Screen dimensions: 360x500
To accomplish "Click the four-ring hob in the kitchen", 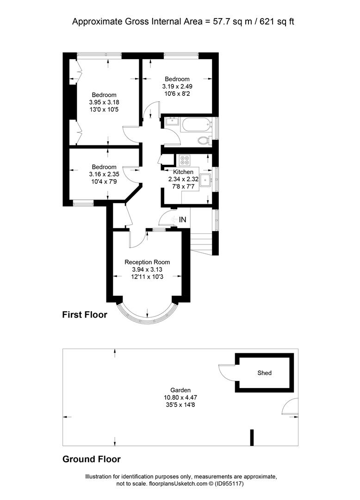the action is pos(184,160).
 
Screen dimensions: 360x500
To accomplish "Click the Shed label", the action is pos(264,373).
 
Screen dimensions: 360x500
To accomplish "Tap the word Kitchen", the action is pos(183,172).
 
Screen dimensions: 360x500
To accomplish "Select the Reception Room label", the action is pos(147,262).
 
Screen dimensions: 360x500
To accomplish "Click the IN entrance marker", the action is pos(183,220).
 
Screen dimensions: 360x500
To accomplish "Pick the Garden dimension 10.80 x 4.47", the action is pos(180,397).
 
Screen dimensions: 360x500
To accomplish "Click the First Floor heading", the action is pos(85,315).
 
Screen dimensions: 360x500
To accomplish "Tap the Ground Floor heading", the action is pos(92,459).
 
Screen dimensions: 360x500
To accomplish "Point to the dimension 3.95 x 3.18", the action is pos(104,102).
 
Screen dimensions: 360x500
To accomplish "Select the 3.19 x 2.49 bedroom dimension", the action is pos(177,87).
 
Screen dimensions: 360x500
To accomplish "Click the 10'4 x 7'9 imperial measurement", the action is pos(104,181).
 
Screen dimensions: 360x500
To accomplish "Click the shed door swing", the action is pos(227,372).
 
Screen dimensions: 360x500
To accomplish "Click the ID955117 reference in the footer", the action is pos(229,484).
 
